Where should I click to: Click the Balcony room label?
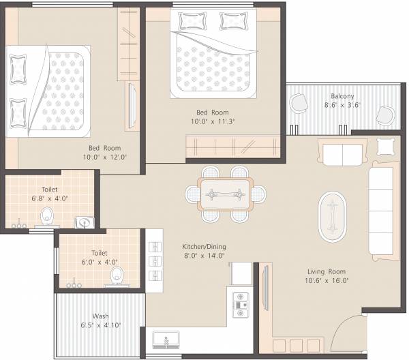coord(342,96)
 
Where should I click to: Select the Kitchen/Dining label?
coord(204,246)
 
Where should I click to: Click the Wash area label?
coord(100,316)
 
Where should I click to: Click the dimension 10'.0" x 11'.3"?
coord(213,121)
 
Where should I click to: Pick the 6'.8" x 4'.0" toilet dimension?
coord(49,199)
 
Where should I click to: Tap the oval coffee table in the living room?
coord(333,215)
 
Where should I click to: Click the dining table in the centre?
coord(226,194)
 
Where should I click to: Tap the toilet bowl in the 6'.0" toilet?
coord(117,275)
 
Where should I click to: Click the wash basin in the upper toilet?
coord(83,222)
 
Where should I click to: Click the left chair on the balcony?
coord(299,105)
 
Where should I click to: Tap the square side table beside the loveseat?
coord(385,147)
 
